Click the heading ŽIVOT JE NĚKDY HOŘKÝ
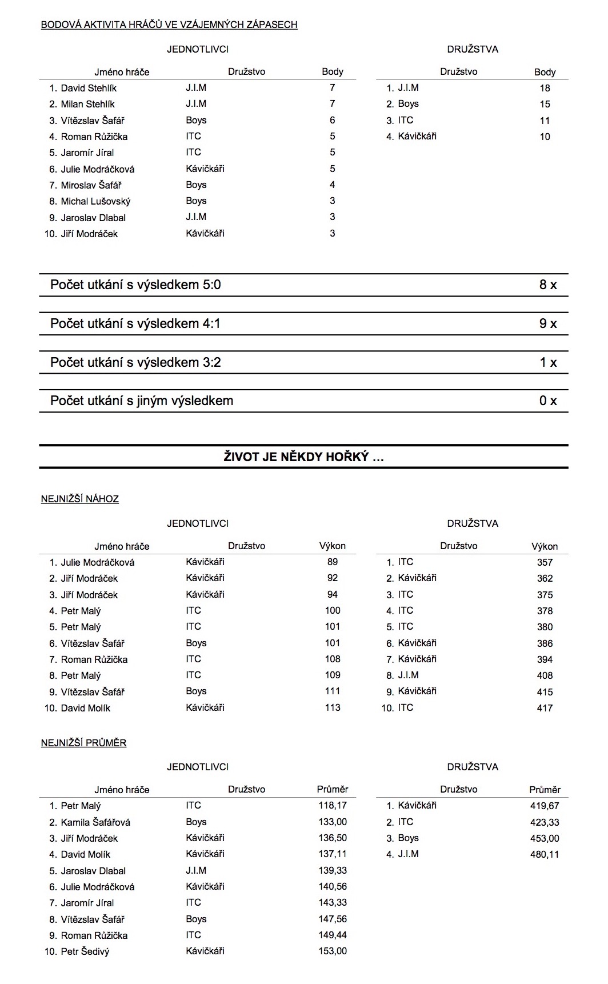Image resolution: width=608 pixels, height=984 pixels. point(303,457)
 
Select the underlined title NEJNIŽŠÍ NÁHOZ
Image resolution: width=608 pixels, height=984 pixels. point(80,499)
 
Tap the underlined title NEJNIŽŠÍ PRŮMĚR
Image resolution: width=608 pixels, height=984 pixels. point(84,743)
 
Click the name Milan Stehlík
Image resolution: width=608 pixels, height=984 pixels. point(87,104)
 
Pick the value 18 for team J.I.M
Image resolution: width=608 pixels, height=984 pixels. point(545,88)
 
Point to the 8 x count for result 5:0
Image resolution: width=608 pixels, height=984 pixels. point(547,285)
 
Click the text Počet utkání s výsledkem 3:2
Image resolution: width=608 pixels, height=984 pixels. point(135,362)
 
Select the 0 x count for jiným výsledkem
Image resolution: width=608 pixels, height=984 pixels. point(547,401)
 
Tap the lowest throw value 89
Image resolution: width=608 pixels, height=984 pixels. point(333,562)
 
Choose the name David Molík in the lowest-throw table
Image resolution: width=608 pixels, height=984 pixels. point(86,708)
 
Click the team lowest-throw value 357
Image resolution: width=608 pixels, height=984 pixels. point(545,562)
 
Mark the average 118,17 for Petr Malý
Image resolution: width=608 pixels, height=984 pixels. point(333,806)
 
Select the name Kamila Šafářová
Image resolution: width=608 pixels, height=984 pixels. point(95,822)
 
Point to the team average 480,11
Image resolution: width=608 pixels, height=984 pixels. point(545,854)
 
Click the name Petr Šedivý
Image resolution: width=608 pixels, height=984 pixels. point(85,951)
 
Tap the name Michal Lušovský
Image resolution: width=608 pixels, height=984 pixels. point(95,201)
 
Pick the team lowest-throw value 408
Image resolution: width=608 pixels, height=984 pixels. point(545,675)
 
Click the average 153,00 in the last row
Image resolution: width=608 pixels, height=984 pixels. point(333,951)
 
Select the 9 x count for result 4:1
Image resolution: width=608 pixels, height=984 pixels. point(547,323)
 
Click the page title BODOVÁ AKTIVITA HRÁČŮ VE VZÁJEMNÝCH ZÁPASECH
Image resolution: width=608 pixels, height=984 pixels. point(169,25)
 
